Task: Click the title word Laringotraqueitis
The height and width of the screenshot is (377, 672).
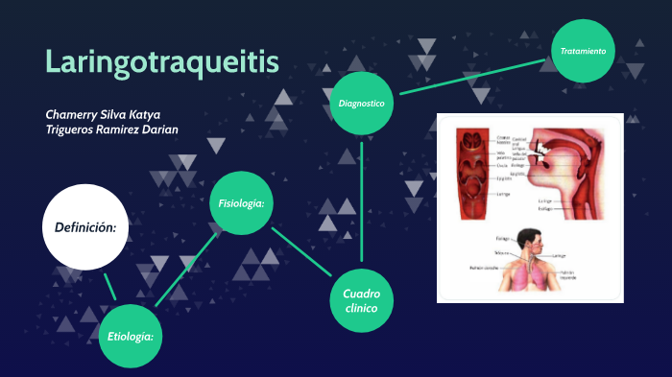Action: point(162,61)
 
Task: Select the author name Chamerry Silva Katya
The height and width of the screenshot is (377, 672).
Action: point(103,113)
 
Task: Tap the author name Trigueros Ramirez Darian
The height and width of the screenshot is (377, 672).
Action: point(111,130)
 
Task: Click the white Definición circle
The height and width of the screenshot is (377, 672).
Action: point(85,227)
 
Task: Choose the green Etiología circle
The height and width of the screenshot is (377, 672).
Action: point(132,336)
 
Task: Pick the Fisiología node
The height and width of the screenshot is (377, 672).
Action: point(241,203)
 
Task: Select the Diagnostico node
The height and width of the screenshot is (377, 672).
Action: point(361,103)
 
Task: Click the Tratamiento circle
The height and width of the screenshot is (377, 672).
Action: point(583,51)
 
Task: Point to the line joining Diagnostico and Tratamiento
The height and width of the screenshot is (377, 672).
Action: point(474,76)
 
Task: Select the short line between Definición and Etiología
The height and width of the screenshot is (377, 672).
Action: point(110,286)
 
